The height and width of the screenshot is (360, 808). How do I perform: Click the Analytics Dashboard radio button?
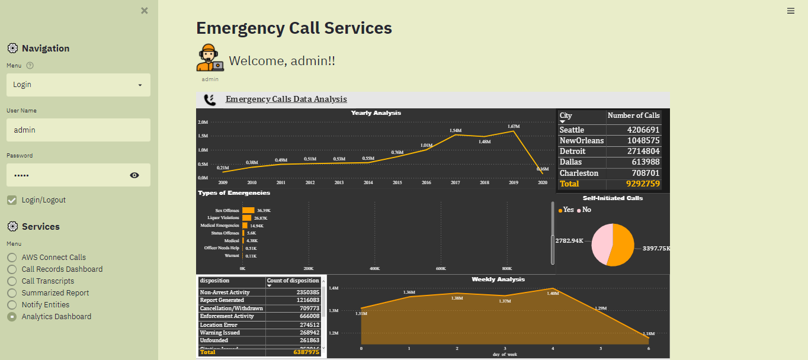12,317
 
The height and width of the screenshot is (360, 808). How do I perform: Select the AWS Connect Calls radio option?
12,258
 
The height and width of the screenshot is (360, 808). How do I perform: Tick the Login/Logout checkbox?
12,200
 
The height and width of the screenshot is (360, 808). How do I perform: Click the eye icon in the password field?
134,175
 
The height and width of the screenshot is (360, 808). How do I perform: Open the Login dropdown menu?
78,85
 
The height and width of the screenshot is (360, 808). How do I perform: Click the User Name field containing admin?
78,130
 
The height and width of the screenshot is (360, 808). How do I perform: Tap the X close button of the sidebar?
145,11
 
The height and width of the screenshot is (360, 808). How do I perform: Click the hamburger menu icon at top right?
791,11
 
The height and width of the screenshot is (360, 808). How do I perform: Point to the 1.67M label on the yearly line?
513,126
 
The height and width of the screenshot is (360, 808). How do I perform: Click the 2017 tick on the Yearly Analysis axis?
455,183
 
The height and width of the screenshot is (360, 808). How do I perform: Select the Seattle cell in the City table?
572,130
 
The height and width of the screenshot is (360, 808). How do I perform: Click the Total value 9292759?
643,184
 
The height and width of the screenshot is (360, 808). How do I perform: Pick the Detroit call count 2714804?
643,152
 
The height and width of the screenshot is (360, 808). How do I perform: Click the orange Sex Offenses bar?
248,210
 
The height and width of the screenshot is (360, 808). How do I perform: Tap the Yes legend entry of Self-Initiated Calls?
566,210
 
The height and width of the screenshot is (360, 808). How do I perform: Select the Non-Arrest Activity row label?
225,292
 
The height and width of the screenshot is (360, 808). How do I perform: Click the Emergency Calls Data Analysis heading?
286,99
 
